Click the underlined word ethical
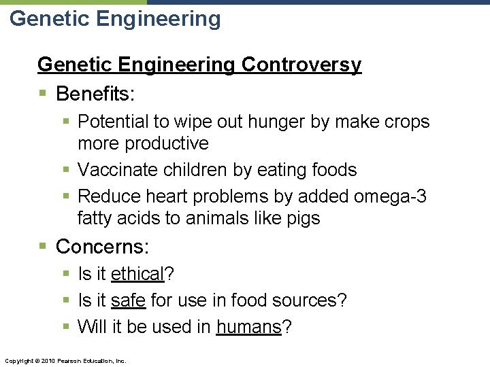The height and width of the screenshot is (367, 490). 137,274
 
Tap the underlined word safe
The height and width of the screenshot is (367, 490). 128,300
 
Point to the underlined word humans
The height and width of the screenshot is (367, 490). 248,327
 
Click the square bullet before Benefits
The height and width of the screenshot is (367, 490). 42,93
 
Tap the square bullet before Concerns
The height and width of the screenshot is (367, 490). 42,247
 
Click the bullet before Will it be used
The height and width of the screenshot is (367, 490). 65,328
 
